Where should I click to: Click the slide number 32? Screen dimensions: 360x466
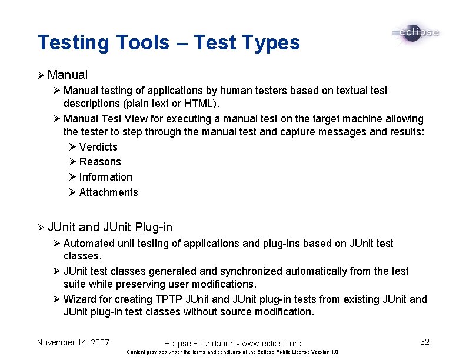425,342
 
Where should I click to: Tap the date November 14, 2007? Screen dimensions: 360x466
73,342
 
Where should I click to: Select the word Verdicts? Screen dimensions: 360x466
98,147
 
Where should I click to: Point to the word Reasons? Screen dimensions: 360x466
100,162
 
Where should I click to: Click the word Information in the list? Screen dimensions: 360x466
106,177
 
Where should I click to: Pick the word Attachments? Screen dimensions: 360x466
109,192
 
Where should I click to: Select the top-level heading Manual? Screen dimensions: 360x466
68,75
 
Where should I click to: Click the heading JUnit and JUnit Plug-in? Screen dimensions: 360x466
110,227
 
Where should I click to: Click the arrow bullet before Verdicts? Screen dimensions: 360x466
72,147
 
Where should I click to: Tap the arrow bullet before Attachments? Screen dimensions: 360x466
72,192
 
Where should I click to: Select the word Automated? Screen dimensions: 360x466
89,244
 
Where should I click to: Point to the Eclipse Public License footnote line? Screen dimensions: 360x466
232,352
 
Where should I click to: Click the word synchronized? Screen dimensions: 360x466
250,271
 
